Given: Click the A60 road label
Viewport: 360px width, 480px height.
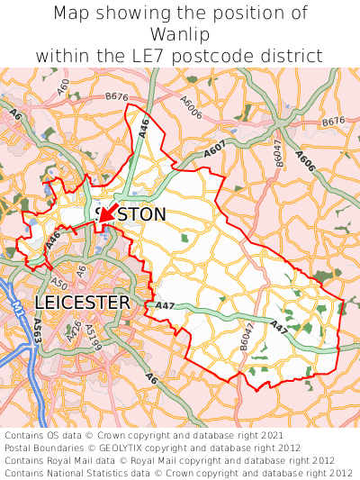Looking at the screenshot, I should pos(63,87).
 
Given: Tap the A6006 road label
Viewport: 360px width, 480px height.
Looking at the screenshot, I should pos(189,105).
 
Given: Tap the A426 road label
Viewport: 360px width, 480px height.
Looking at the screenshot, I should pos(75,331).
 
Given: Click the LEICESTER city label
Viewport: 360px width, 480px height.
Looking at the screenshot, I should pos(82,303).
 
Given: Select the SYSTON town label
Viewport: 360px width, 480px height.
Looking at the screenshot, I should pos(130,214).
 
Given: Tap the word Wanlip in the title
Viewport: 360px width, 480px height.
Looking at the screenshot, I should pos(180,34).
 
